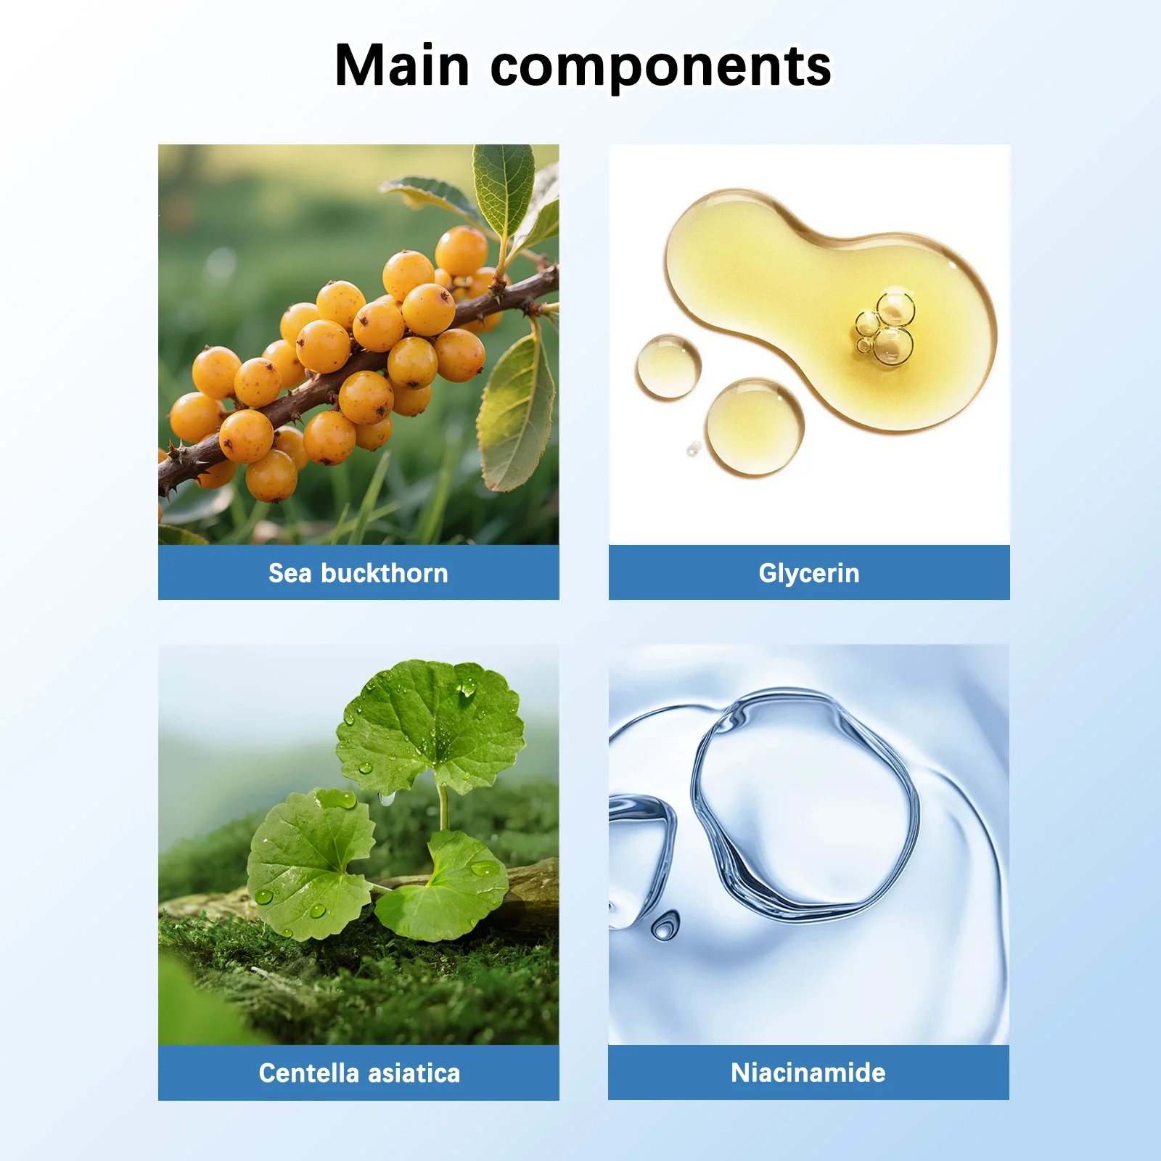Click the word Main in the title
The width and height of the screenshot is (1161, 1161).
point(402,66)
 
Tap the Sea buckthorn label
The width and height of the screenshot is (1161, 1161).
point(358,573)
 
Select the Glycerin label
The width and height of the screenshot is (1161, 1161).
point(809,574)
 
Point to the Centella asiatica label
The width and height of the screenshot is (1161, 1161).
point(359,1072)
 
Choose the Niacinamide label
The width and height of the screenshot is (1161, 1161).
point(808,1072)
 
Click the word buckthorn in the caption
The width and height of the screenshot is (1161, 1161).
point(385,573)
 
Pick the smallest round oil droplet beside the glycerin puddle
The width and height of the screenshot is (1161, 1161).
point(694,449)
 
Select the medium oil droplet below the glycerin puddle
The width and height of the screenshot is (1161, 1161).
point(755,427)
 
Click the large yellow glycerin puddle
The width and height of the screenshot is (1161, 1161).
point(827,305)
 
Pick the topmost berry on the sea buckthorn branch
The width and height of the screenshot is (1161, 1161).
point(461,251)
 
